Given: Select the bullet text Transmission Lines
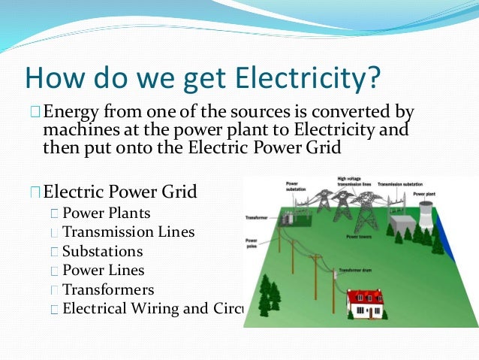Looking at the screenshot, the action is tap(128, 232).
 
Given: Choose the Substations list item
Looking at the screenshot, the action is tap(102, 251).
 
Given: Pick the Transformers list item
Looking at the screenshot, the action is tap(108, 289).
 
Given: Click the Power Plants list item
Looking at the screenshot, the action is tap(106, 213).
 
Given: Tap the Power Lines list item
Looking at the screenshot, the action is tap(104, 270).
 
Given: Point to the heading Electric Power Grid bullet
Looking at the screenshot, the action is tap(120, 192).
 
